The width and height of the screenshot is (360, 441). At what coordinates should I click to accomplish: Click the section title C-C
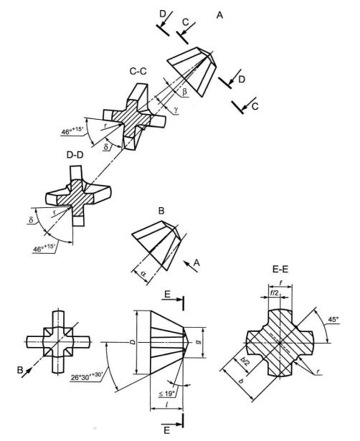pyautogui.click(x=138, y=71)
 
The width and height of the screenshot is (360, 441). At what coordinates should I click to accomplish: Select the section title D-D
pyautogui.click(x=75, y=154)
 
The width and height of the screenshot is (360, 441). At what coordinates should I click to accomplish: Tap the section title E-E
pyautogui.click(x=280, y=270)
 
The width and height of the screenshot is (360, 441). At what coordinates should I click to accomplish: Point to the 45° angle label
pyautogui.click(x=333, y=320)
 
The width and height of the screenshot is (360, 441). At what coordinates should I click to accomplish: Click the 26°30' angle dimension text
pyautogui.click(x=87, y=376)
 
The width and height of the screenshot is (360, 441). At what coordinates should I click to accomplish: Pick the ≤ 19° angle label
pyautogui.click(x=167, y=394)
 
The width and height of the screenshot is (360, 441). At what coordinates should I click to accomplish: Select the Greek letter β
pyautogui.click(x=184, y=92)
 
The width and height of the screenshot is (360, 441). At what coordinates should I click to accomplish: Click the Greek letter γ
pyautogui.click(x=176, y=110)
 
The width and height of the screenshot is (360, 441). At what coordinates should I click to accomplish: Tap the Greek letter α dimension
pyautogui.click(x=143, y=274)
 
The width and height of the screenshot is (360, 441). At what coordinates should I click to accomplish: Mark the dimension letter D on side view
pyautogui.click(x=133, y=342)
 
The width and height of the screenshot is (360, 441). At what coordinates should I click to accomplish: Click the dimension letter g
pyautogui.click(x=198, y=342)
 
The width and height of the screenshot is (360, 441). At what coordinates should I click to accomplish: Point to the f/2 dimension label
pyautogui.click(x=274, y=293)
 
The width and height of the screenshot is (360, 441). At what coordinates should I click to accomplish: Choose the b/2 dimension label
pyautogui.click(x=245, y=361)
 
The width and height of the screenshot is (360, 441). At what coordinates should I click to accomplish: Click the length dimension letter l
pyautogui.click(x=167, y=405)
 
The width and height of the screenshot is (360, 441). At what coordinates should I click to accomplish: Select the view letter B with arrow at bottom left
pyautogui.click(x=19, y=370)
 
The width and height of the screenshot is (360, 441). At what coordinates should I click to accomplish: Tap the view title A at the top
pyautogui.click(x=219, y=15)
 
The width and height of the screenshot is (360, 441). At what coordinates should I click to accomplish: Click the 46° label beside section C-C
pyautogui.click(x=72, y=131)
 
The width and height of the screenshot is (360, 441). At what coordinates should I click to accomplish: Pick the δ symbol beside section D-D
pyautogui.click(x=31, y=219)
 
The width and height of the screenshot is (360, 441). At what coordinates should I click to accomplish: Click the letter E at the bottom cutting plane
pyautogui.click(x=167, y=430)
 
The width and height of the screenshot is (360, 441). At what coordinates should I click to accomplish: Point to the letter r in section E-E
pyautogui.click(x=318, y=371)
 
